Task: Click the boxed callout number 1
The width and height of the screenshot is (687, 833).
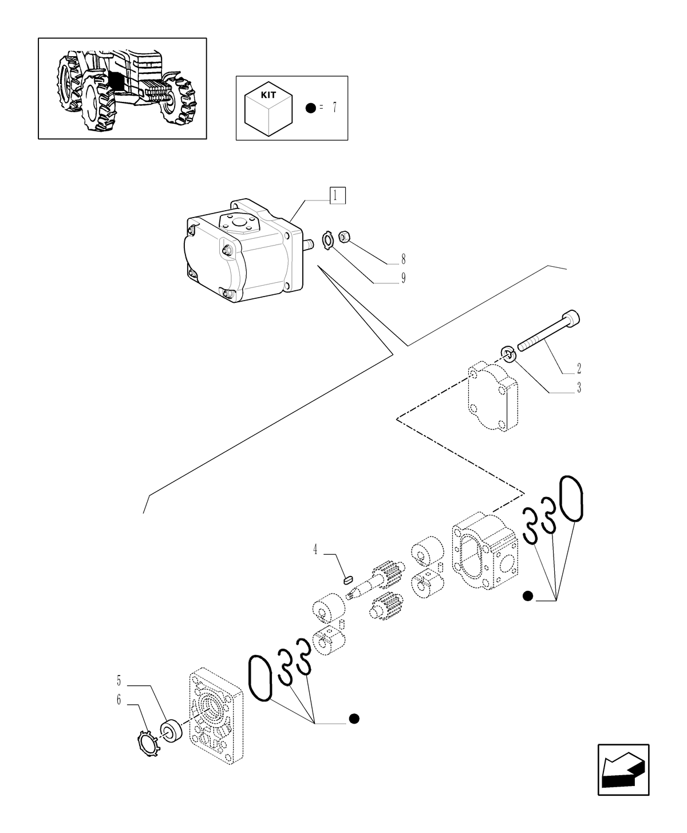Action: coord(337,196)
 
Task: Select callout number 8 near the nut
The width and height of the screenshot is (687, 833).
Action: coord(403,258)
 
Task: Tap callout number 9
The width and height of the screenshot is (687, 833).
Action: coord(403,279)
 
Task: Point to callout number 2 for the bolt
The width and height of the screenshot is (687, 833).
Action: coord(579,368)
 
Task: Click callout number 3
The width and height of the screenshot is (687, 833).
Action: coord(579,388)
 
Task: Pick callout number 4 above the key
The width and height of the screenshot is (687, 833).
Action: coord(315,550)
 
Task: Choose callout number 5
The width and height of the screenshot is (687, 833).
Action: coord(119,681)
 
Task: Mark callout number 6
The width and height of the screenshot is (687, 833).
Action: coord(119,700)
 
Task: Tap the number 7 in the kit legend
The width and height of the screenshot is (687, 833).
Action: coord(334,108)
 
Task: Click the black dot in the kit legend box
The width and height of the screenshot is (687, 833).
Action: coord(310,108)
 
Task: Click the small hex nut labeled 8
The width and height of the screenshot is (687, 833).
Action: coord(344,235)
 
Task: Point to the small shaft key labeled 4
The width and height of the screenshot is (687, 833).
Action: coord(346,579)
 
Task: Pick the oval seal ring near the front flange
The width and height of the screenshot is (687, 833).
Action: coord(260,678)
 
